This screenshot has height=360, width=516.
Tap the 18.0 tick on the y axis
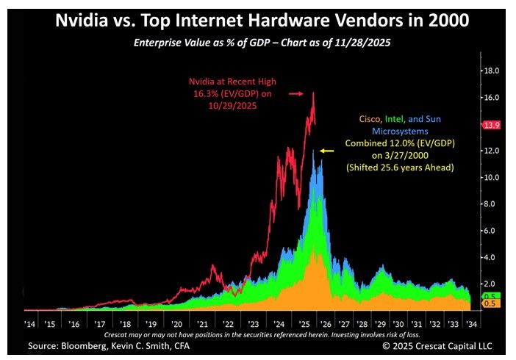coord(490,71)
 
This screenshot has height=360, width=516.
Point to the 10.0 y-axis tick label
coord(490,177)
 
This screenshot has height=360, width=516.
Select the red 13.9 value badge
coord(492,126)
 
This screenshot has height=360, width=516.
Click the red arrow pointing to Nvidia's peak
coord(295,94)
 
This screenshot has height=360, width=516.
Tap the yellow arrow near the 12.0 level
coord(328,151)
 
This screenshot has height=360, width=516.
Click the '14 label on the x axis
coord(29,323)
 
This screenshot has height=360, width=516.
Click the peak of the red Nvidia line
coord(313,93)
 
